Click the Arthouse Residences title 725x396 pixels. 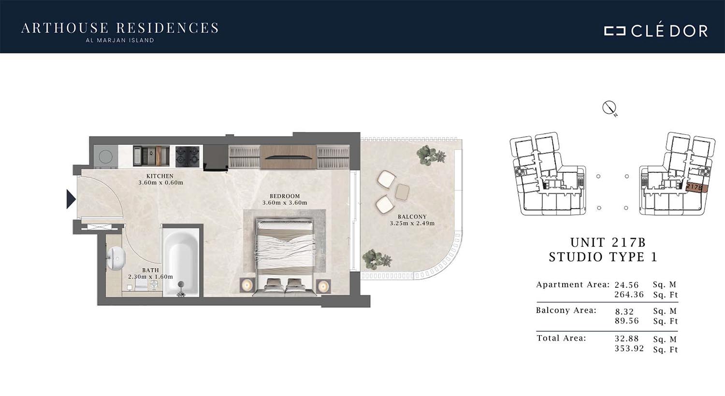tap(120, 28)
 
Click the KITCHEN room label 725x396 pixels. tap(160, 176)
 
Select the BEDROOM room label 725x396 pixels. tap(285, 196)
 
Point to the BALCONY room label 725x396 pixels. tap(412, 216)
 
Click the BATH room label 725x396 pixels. tap(150, 270)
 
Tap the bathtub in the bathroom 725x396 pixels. tap(181, 261)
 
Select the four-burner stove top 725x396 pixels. tap(188, 156)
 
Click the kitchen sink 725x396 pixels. tap(151, 156)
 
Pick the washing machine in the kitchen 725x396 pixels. tap(106, 156)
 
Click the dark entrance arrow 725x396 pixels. tap(71, 199)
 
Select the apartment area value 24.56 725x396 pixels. tap(626, 285)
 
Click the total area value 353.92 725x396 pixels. tap(629, 349)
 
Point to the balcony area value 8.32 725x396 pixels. tap(624, 311)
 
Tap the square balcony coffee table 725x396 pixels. tap(402, 192)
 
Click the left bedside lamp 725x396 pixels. tap(247, 285)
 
